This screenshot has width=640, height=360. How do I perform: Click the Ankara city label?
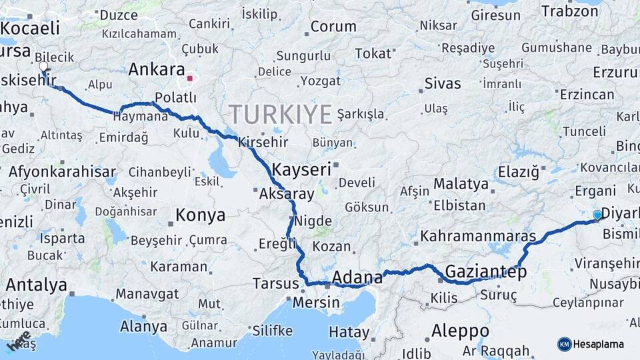(156, 69)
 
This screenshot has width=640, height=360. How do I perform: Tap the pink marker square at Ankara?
(189, 79)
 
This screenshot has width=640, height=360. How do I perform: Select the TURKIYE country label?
(280, 115)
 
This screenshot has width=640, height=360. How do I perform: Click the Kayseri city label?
(302, 169)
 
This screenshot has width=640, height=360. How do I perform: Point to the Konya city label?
(200, 215)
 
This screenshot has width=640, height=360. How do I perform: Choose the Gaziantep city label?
(485, 272)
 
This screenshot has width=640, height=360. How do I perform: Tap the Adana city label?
(357, 277)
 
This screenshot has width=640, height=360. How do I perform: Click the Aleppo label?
(460, 331)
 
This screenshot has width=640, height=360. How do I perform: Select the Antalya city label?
(36, 285)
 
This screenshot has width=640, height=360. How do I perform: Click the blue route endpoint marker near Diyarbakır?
(597, 215)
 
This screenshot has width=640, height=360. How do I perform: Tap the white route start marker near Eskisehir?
(43, 67)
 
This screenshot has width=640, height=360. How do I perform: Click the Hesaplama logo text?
(599, 344)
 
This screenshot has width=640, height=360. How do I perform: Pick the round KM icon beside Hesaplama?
(565, 344)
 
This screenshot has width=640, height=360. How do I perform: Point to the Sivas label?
(443, 83)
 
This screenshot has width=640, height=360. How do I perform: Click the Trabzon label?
(570, 11)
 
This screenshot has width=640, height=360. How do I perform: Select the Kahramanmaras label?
(478, 237)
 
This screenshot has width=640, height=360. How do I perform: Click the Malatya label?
(461, 183)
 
